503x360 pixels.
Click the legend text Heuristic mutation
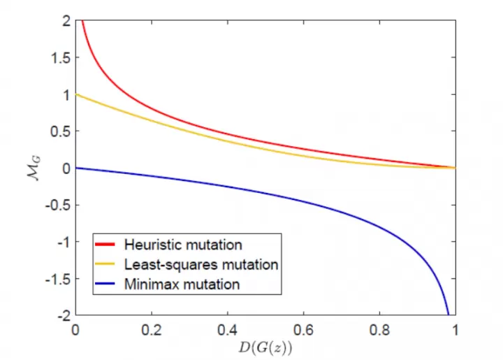click(x=183, y=245)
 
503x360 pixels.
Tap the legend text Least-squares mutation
click(x=201, y=264)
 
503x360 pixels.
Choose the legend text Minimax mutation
click(x=182, y=285)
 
